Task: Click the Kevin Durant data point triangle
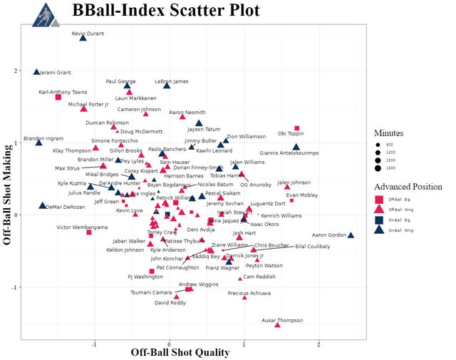(x=83, y=38)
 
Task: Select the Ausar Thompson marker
(x=277, y=325)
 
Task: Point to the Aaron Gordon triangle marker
(x=351, y=235)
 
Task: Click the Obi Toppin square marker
(x=297, y=128)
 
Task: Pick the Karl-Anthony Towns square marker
(x=58, y=97)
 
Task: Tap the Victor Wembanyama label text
(x=82, y=227)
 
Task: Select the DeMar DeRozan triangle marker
(x=43, y=205)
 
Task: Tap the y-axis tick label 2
(x=16, y=71)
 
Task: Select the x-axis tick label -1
(x=94, y=344)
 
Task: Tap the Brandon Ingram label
(x=43, y=138)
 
